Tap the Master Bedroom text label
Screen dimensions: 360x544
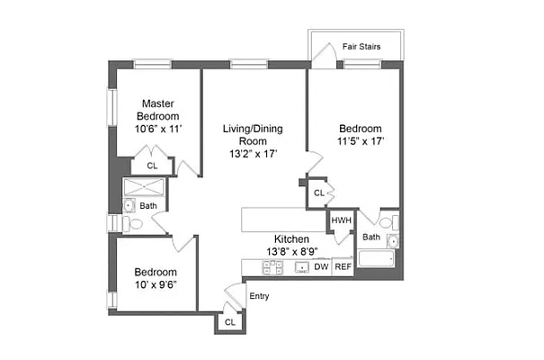pyautogui.click(x=157, y=110)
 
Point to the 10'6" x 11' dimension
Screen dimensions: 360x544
pyautogui.click(x=157, y=130)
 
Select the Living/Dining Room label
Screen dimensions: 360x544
pyautogui.click(x=253, y=135)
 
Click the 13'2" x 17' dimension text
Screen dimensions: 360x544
pyautogui.click(x=253, y=154)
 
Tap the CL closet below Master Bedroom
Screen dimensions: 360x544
pyautogui.click(x=152, y=166)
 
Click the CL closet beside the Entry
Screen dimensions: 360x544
pyautogui.click(x=229, y=321)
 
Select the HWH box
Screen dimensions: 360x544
pyautogui.click(x=341, y=220)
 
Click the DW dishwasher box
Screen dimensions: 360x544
pyautogui.click(x=321, y=266)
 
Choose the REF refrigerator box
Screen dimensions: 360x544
pyautogui.click(x=343, y=266)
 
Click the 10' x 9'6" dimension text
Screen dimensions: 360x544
pyautogui.click(x=156, y=284)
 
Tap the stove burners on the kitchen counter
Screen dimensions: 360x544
pyautogui.click(x=273, y=266)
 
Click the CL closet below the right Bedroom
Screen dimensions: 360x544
pyautogui.click(x=319, y=193)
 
